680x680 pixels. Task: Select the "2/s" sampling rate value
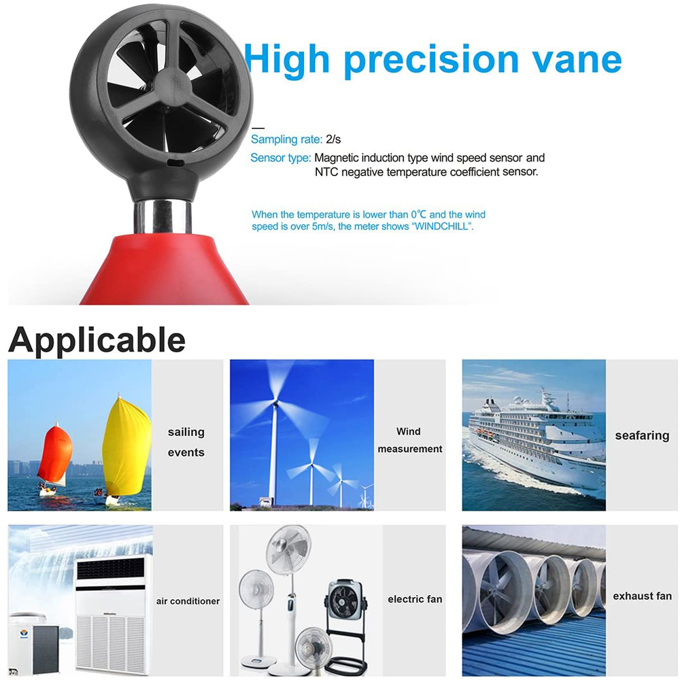333,139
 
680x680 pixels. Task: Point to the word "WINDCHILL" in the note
441,226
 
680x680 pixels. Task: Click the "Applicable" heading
97,339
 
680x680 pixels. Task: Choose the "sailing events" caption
186,442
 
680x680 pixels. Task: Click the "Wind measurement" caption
409,440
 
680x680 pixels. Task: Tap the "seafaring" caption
642,435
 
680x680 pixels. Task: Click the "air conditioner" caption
188,601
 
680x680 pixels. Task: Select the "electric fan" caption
415,599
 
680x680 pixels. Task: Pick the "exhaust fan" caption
642,596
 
